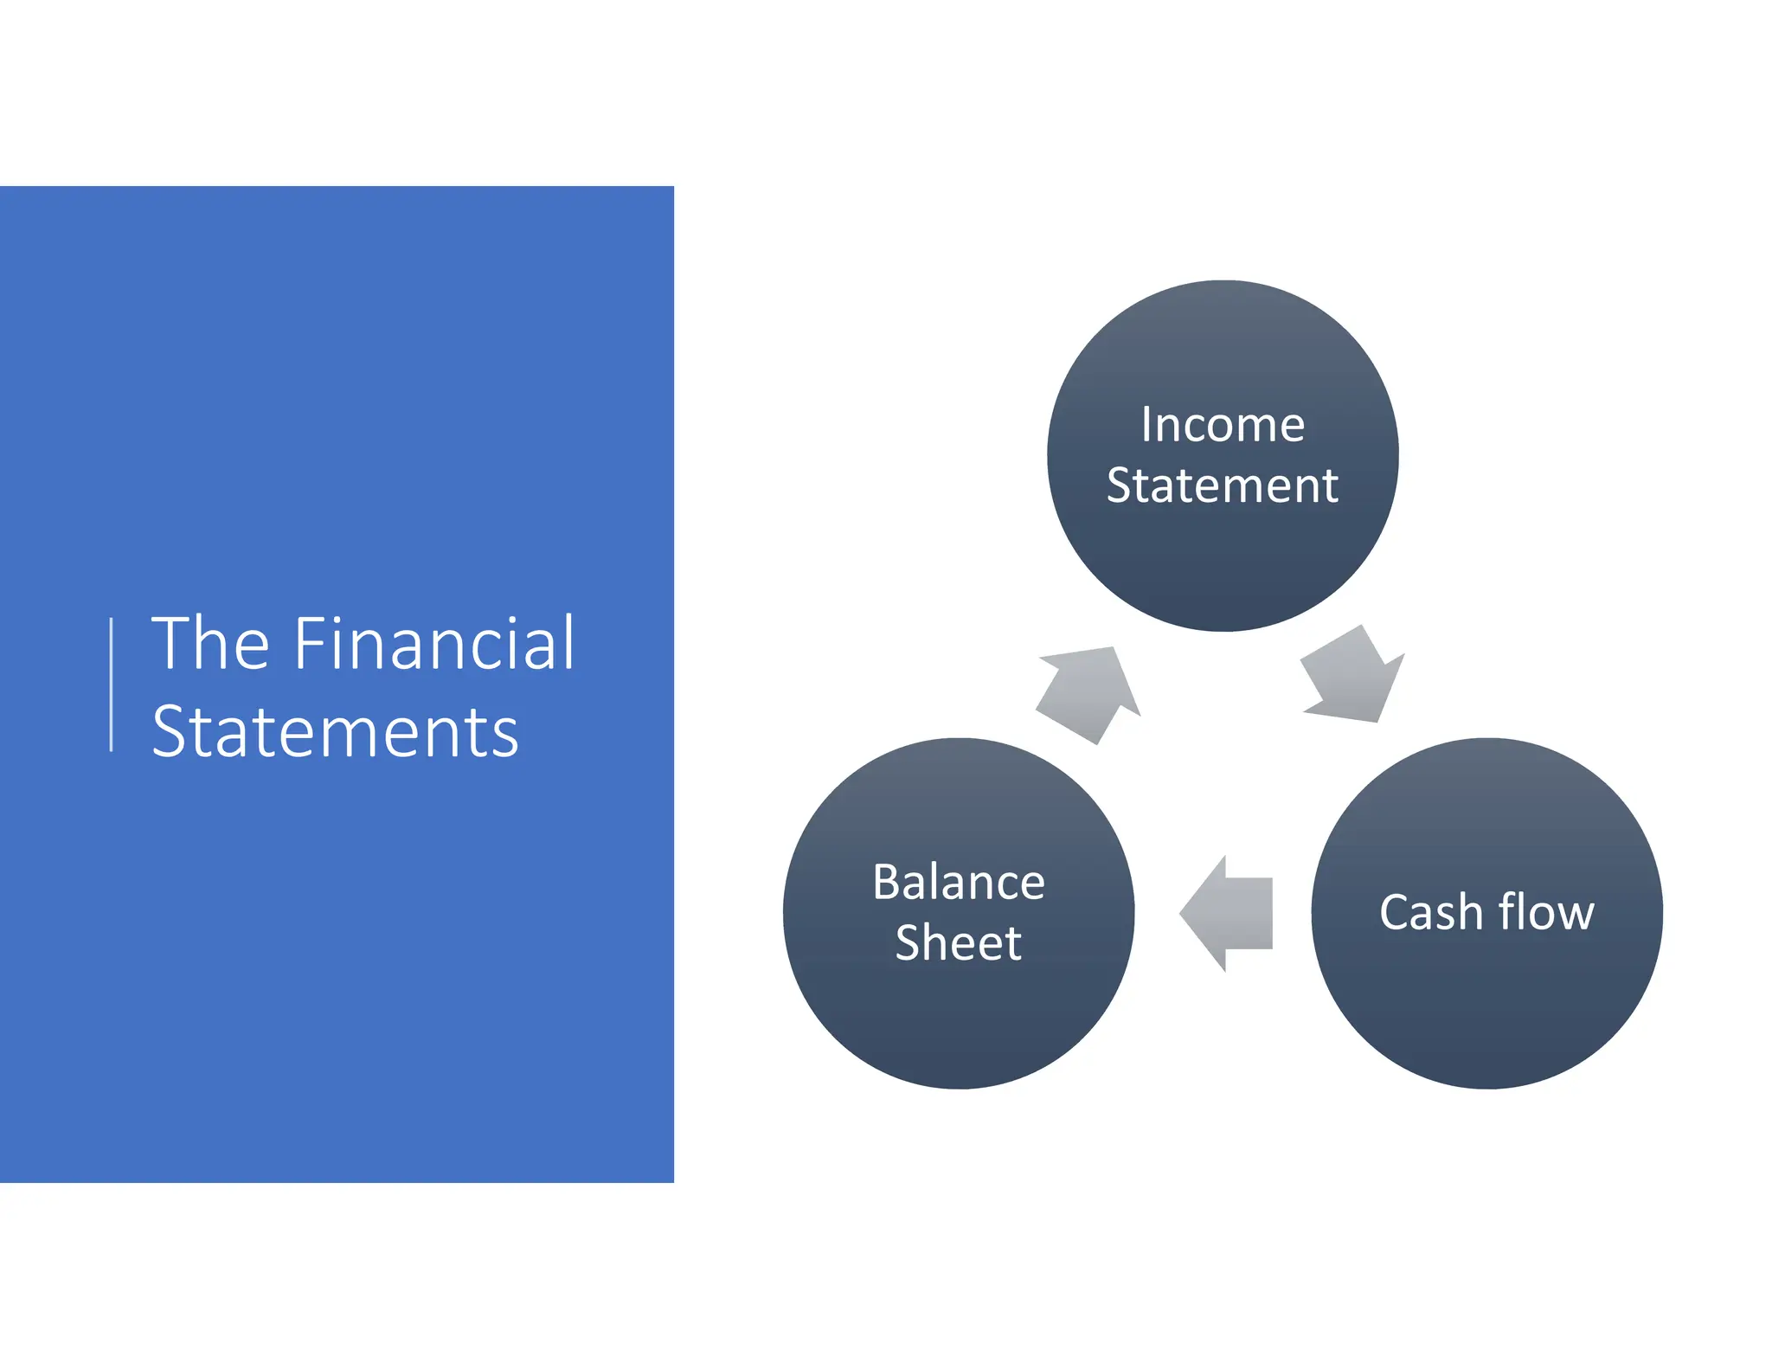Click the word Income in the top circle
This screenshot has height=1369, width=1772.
coord(1222,425)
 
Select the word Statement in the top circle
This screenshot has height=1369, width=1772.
coord(1222,485)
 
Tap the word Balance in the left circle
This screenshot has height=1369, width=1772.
coord(959,883)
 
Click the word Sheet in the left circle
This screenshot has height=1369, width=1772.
coord(959,942)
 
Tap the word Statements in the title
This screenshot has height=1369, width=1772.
coord(335,733)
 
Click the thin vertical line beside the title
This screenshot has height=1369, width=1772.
coord(112,684)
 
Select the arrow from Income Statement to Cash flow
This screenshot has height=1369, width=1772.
coord(1353,676)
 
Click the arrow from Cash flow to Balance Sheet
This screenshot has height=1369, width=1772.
coord(1226,913)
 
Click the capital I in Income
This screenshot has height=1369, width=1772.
coord(1146,425)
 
